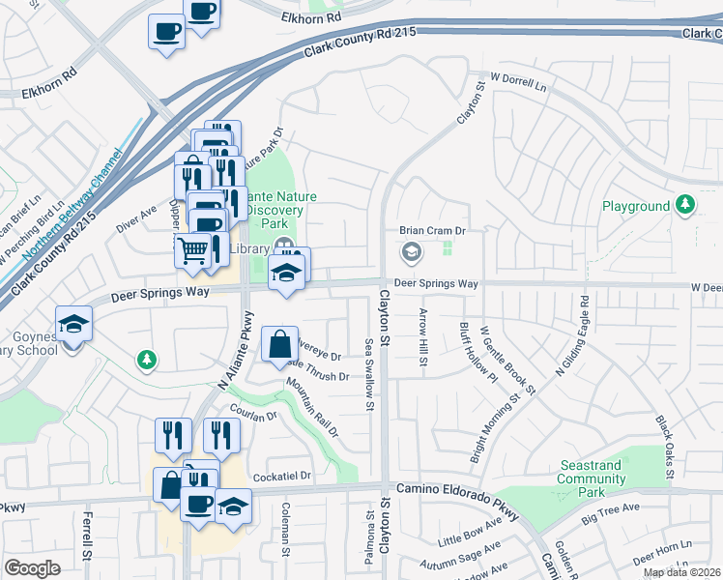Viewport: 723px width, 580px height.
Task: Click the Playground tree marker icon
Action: click(x=685, y=205)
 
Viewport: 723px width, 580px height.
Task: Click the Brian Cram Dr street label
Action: click(x=433, y=231)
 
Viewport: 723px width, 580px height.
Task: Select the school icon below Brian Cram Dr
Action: click(x=411, y=253)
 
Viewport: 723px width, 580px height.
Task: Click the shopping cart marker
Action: click(x=193, y=250)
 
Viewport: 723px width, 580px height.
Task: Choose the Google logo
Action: click(x=32, y=568)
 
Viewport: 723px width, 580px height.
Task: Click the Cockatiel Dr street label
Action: click(x=282, y=477)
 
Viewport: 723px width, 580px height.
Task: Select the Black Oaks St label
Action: click(x=664, y=447)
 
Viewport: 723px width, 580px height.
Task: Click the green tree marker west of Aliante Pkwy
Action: click(x=146, y=361)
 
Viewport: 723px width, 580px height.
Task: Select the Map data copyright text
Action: click(x=682, y=572)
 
